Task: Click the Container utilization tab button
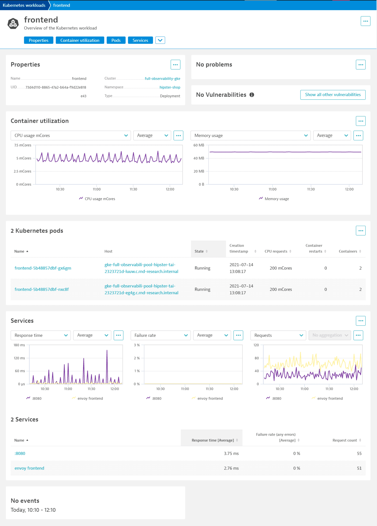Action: (80, 40)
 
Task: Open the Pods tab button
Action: (116, 40)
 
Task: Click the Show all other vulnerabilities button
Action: (333, 95)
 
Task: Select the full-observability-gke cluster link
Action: (162, 78)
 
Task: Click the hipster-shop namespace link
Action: (170, 87)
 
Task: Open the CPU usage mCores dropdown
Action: (71, 135)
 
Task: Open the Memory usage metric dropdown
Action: (250, 135)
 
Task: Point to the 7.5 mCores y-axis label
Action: (23, 145)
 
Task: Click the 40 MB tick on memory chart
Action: (199, 158)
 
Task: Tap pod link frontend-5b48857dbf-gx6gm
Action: (43, 268)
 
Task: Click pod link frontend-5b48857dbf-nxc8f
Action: (41, 289)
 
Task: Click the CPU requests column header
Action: (276, 251)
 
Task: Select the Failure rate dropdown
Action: (160, 335)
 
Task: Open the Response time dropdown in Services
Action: (41, 335)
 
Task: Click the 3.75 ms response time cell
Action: (231, 453)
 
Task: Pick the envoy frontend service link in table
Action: (29, 468)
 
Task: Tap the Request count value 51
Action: (359, 468)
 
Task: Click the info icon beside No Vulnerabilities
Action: (252, 95)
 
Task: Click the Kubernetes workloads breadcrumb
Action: (24, 5)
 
